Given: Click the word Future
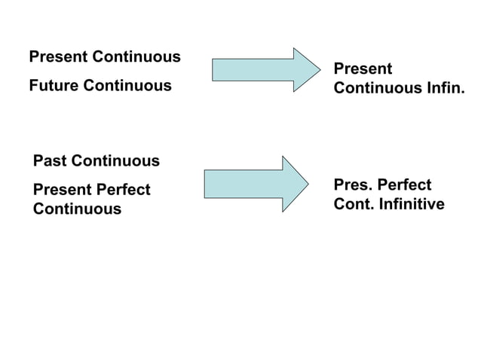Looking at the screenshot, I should [54, 86].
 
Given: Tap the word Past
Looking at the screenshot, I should [50, 160].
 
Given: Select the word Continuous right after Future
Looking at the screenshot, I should [127, 86].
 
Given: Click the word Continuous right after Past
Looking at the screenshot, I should [115, 160].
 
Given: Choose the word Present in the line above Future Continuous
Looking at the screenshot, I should [57, 57].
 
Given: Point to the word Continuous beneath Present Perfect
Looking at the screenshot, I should [77, 209].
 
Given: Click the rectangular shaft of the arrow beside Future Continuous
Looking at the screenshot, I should [253, 69].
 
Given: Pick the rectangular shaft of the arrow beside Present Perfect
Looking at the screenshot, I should [243, 183].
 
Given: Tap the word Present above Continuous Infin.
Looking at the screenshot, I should [363, 69].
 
